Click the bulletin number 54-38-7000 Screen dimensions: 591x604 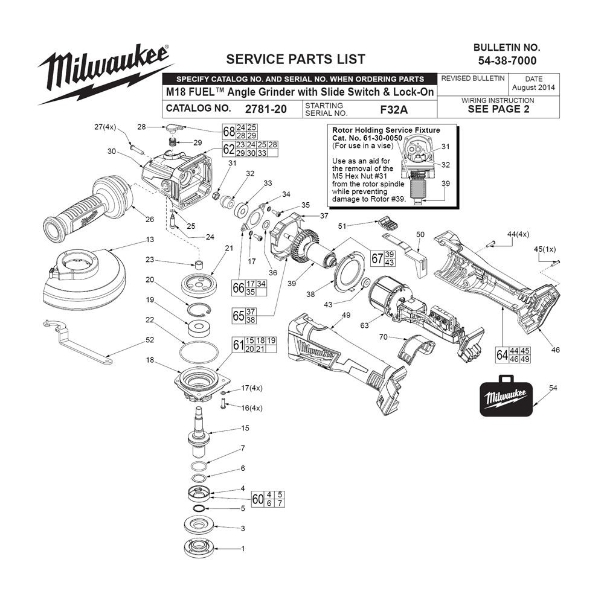[507, 60]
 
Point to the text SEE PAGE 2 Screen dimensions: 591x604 [498, 109]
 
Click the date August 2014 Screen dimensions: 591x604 [533, 88]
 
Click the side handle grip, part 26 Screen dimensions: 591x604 [85, 208]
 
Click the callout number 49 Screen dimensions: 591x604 [345, 315]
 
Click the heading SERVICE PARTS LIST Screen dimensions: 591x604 [295, 59]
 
